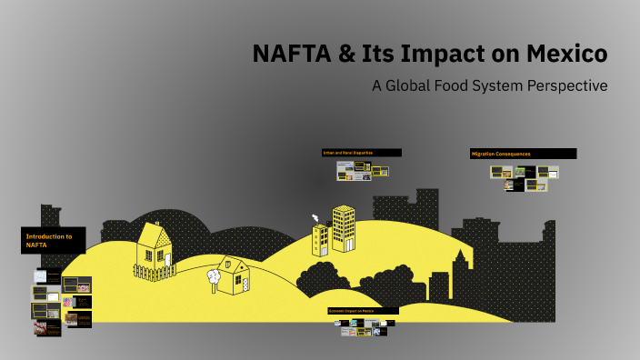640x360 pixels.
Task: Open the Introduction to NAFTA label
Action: coord(54,240)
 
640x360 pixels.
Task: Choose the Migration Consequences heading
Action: coord(522,154)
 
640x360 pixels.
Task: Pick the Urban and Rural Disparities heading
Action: coord(361,153)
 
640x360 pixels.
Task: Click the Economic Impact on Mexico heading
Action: coord(363,311)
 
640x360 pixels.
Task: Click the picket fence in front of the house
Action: coord(154,270)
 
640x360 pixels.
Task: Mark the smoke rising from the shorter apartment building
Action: coord(315,218)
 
